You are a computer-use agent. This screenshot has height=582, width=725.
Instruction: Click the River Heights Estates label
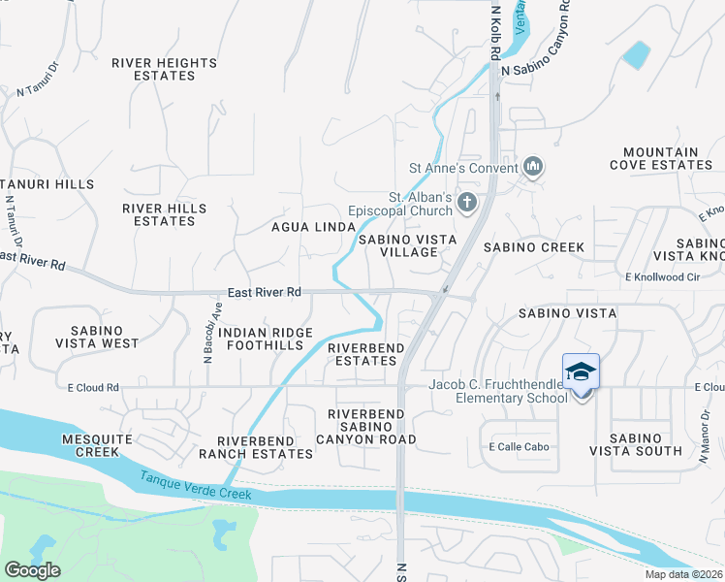point(164,69)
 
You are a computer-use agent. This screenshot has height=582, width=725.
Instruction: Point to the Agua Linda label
point(313,227)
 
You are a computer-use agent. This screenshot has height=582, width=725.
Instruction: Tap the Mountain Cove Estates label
point(660,158)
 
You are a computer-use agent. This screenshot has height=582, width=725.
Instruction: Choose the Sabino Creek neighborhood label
point(542,247)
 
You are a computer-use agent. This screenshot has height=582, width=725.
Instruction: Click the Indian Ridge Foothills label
point(266,339)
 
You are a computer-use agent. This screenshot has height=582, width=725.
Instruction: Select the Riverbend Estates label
point(362,354)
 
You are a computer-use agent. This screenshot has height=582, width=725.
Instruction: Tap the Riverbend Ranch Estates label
point(257,446)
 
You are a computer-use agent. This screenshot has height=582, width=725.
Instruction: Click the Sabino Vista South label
point(634,444)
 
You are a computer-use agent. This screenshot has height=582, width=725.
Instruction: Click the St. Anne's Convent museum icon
point(532,168)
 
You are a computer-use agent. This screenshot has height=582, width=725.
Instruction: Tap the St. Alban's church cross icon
point(466,204)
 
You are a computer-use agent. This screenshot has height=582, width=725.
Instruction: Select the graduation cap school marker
point(582,373)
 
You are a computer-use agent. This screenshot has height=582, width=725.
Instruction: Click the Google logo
point(32,570)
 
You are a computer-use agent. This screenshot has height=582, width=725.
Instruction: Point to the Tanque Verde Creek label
point(195,486)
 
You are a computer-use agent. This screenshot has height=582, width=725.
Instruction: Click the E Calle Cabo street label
point(519,447)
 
